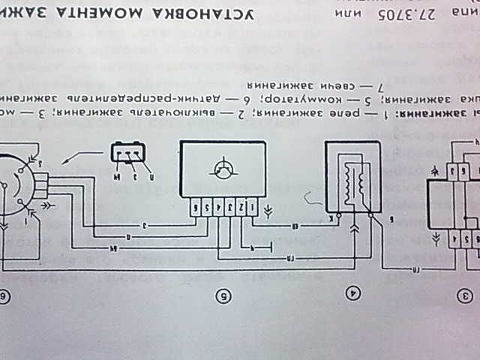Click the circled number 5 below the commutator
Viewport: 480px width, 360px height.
pyautogui.click(x=222, y=295)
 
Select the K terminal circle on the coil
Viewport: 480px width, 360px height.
pyautogui.click(x=339, y=214)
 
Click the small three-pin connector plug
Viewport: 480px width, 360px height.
pyautogui.click(x=130, y=151)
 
